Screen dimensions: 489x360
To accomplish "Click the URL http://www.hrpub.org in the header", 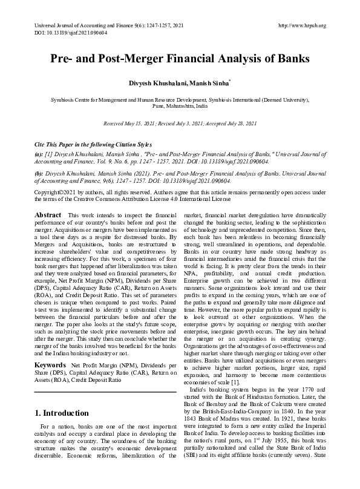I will (301, 25).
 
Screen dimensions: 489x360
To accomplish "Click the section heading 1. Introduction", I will (62, 413).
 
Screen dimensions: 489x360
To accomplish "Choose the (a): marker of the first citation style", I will (39, 155).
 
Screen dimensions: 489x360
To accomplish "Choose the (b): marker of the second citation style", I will (39, 173).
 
